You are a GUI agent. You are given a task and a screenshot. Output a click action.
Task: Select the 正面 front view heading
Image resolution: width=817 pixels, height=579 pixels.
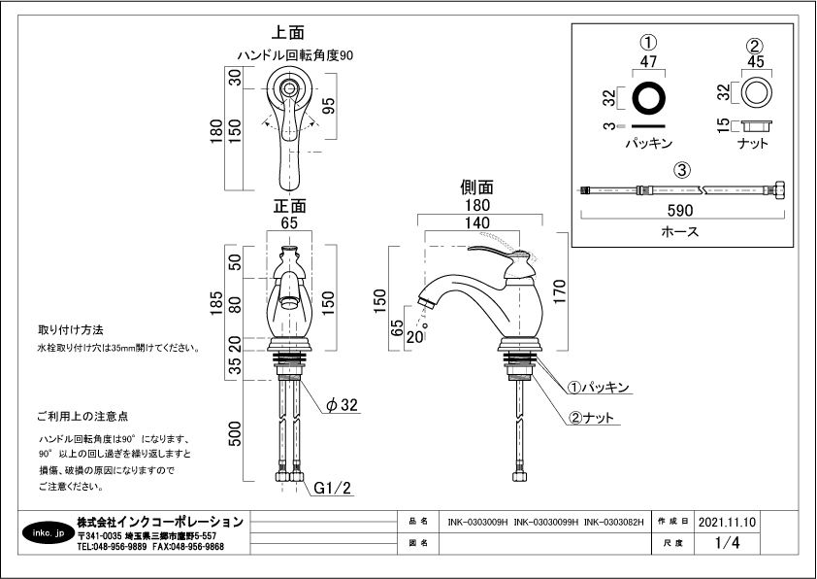pyautogui.click(x=289, y=206)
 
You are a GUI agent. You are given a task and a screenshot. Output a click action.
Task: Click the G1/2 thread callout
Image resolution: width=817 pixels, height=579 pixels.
pyautogui.click(x=331, y=489)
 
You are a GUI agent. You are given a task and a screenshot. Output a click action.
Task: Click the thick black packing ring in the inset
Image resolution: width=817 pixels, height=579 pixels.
pyautogui.click(x=649, y=97)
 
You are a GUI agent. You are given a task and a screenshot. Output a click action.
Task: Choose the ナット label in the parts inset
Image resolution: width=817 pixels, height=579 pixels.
pyautogui.click(x=753, y=144)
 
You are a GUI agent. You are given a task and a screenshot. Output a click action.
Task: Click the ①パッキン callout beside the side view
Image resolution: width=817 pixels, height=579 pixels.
pyautogui.click(x=599, y=388)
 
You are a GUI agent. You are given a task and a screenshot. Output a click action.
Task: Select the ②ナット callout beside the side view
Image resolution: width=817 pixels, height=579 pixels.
pyautogui.click(x=591, y=418)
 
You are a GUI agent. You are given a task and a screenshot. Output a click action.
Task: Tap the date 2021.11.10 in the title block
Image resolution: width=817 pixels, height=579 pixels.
pyautogui.click(x=726, y=521)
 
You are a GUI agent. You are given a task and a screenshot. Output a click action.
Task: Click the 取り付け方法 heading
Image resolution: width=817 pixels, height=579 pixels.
pyautogui.click(x=70, y=330)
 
